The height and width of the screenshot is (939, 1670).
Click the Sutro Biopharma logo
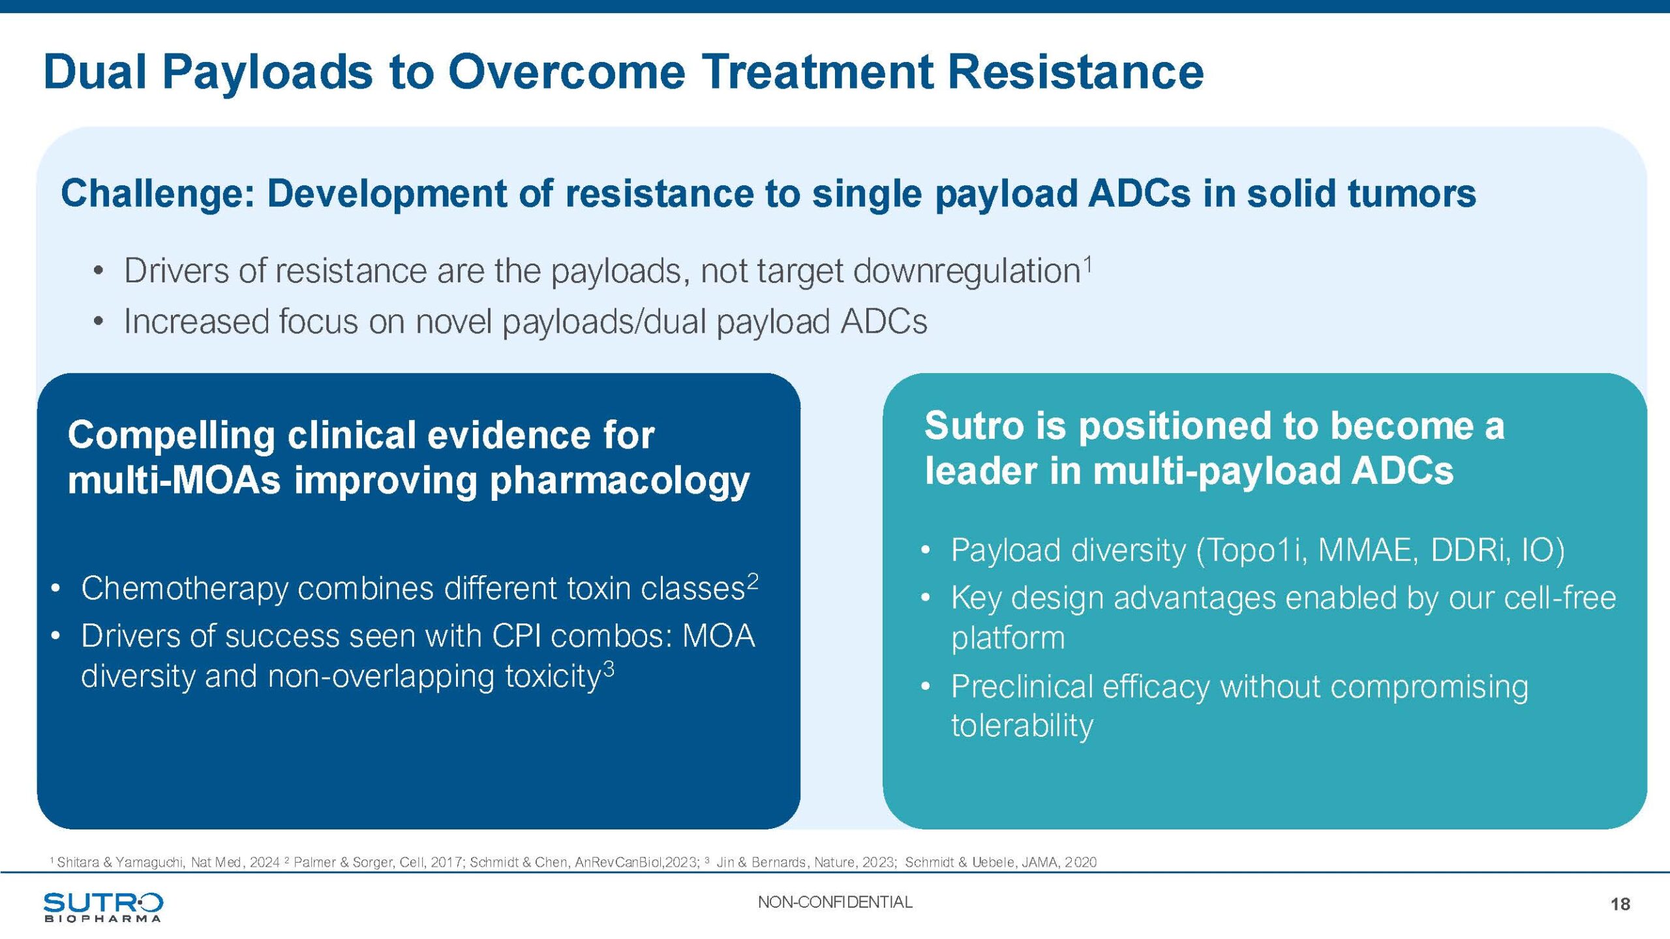tap(103, 907)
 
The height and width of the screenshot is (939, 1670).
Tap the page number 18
tap(1620, 904)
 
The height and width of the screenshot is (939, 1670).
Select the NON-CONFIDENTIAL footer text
tap(835, 902)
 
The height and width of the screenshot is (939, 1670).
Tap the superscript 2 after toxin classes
tap(753, 580)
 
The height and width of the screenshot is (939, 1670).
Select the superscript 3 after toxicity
tap(608, 668)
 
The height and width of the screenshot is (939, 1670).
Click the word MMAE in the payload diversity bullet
tap(1368, 550)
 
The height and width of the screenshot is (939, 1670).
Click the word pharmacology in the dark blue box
tap(620, 482)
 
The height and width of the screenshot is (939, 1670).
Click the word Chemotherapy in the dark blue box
tap(185, 589)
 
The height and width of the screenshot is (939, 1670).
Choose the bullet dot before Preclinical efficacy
tap(925, 687)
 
